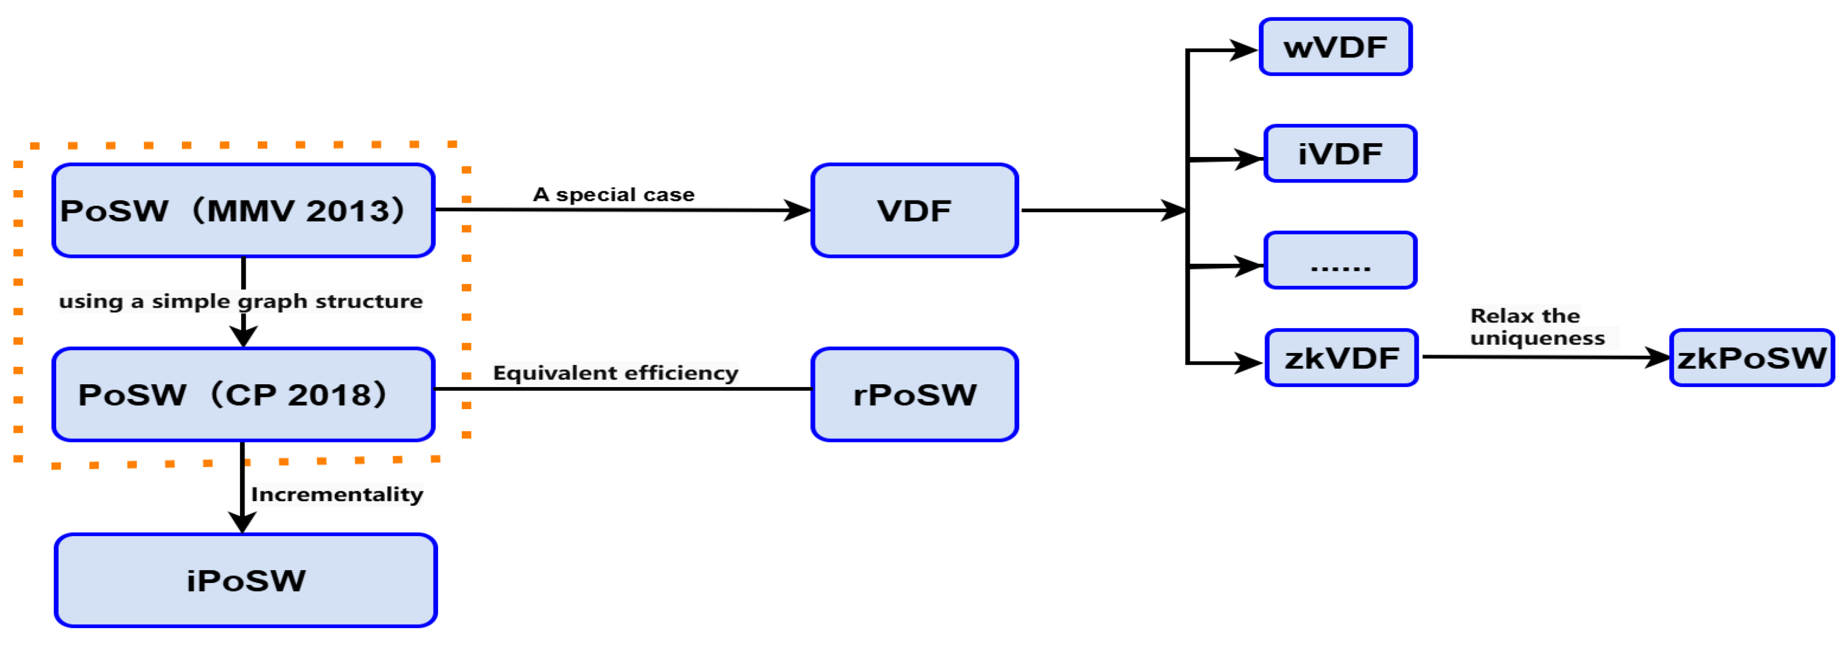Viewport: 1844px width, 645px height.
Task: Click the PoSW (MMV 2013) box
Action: (x=243, y=210)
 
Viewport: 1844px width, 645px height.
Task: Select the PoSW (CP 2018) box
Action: (x=243, y=395)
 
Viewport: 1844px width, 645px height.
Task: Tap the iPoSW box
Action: (x=246, y=581)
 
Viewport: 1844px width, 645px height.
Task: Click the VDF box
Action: (x=914, y=210)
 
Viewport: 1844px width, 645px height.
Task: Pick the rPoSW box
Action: (x=914, y=395)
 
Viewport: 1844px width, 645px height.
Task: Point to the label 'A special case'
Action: (x=614, y=195)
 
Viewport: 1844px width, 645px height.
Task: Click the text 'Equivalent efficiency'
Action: (x=615, y=373)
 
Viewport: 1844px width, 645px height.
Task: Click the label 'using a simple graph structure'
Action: (x=240, y=301)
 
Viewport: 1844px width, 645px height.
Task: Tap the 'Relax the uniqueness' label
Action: (x=1536, y=326)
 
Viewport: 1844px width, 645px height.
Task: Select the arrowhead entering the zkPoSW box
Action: (x=1657, y=357)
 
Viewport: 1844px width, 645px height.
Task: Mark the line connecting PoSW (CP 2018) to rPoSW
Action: (x=623, y=389)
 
